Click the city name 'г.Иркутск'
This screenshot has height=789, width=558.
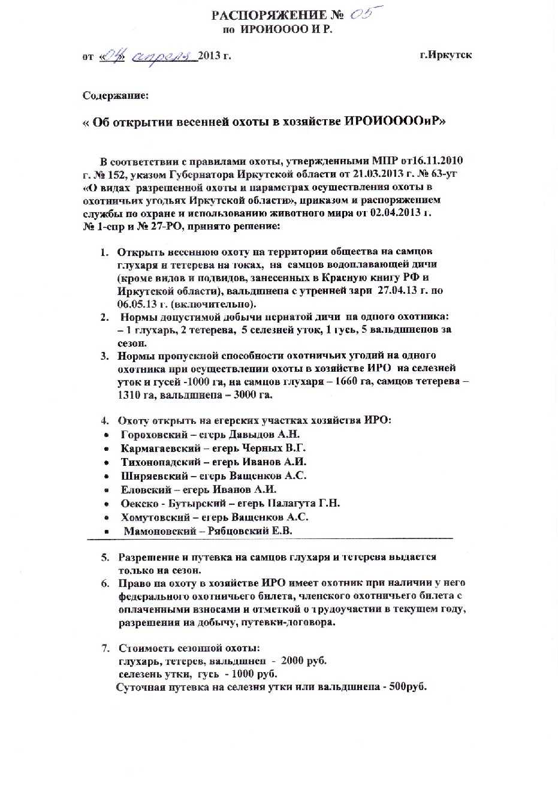(445, 55)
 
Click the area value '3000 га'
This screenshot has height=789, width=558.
(255, 396)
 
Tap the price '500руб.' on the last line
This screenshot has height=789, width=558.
(408, 687)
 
